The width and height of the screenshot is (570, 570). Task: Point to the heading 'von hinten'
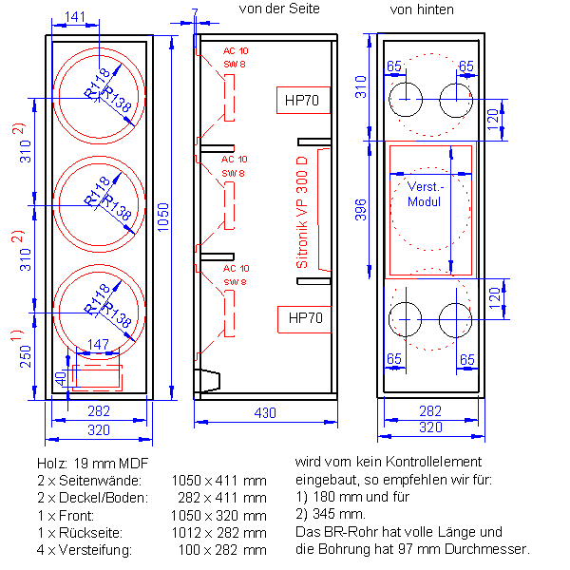422,9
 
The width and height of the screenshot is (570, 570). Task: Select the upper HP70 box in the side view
303,101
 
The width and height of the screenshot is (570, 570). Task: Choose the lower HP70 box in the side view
303,318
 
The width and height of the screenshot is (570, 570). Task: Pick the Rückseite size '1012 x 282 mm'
218,532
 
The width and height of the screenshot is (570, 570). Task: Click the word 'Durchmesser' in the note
487,549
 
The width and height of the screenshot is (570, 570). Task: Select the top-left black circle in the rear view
407,98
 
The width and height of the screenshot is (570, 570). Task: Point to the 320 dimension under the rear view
430,427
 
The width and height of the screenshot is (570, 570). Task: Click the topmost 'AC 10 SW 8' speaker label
235,57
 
